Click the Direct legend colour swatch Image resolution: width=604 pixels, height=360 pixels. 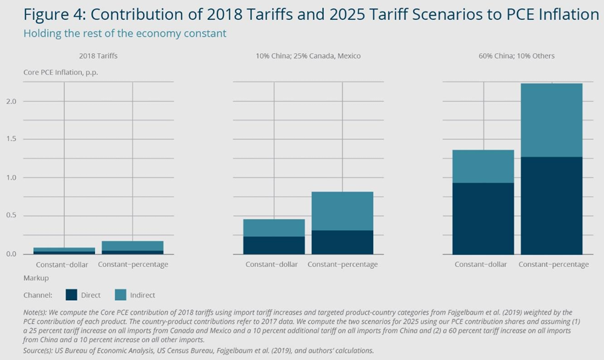(72, 294)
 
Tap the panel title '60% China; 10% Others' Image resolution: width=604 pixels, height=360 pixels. (516, 56)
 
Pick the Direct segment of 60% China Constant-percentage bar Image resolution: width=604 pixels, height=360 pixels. (551, 206)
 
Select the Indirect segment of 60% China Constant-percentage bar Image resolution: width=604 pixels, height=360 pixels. (551, 120)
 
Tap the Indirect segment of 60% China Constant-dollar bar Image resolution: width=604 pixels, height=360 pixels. (483, 166)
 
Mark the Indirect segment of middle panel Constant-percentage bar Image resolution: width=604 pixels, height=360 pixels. (342, 211)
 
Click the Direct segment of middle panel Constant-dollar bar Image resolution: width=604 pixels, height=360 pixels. (274, 245)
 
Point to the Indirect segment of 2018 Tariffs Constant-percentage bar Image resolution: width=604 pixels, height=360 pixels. (133, 246)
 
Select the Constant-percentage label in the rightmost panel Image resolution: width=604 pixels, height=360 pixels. (553, 264)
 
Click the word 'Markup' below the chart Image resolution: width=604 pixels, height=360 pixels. (36, 277)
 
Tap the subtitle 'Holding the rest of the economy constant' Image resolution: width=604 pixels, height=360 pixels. (124, 33)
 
